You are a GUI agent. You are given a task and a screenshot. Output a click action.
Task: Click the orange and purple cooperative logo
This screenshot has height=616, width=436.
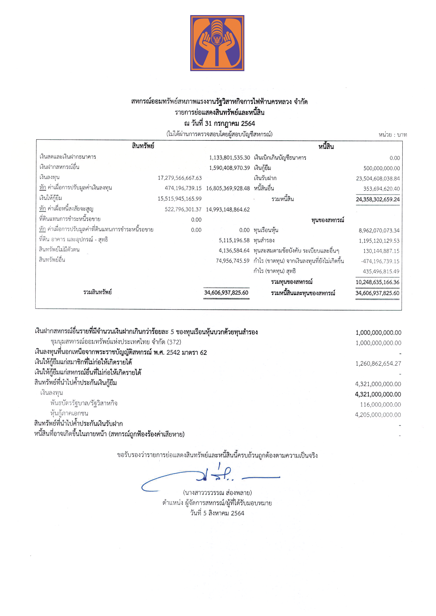coord(217,43)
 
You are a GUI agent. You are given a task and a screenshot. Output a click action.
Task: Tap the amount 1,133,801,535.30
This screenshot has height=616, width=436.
coord(229,158)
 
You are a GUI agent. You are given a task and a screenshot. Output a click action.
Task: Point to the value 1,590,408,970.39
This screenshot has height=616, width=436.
coord(229,168)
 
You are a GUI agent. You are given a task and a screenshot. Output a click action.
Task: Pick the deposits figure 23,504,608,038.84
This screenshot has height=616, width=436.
coord(378,178)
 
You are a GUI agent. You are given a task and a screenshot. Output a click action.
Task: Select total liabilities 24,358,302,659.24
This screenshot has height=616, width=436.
coord(378,199)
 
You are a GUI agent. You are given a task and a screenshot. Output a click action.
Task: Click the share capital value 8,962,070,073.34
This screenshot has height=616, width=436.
coord(379,230)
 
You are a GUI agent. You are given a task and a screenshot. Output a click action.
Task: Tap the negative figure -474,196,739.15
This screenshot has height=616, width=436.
coord(380,261)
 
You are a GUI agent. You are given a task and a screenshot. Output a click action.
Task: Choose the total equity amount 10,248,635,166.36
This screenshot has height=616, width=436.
coord(377,282)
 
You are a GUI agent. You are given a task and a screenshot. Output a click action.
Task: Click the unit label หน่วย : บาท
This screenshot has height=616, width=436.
coord(392,135)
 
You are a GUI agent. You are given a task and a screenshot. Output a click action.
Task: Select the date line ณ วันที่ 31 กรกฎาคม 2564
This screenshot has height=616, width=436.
coord(219,123)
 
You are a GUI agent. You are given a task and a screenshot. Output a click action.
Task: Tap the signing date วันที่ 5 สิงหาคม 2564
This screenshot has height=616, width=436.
coord(217,513)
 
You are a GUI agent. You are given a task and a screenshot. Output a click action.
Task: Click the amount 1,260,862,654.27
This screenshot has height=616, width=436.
coord(378,363)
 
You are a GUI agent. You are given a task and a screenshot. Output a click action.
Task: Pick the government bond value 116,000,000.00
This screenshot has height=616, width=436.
coord(380,404)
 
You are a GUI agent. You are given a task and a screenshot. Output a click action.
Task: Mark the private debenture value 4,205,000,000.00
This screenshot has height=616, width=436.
coord(378,415)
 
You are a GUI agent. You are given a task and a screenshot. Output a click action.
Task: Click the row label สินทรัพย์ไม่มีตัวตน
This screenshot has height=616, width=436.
coord(59,250)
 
